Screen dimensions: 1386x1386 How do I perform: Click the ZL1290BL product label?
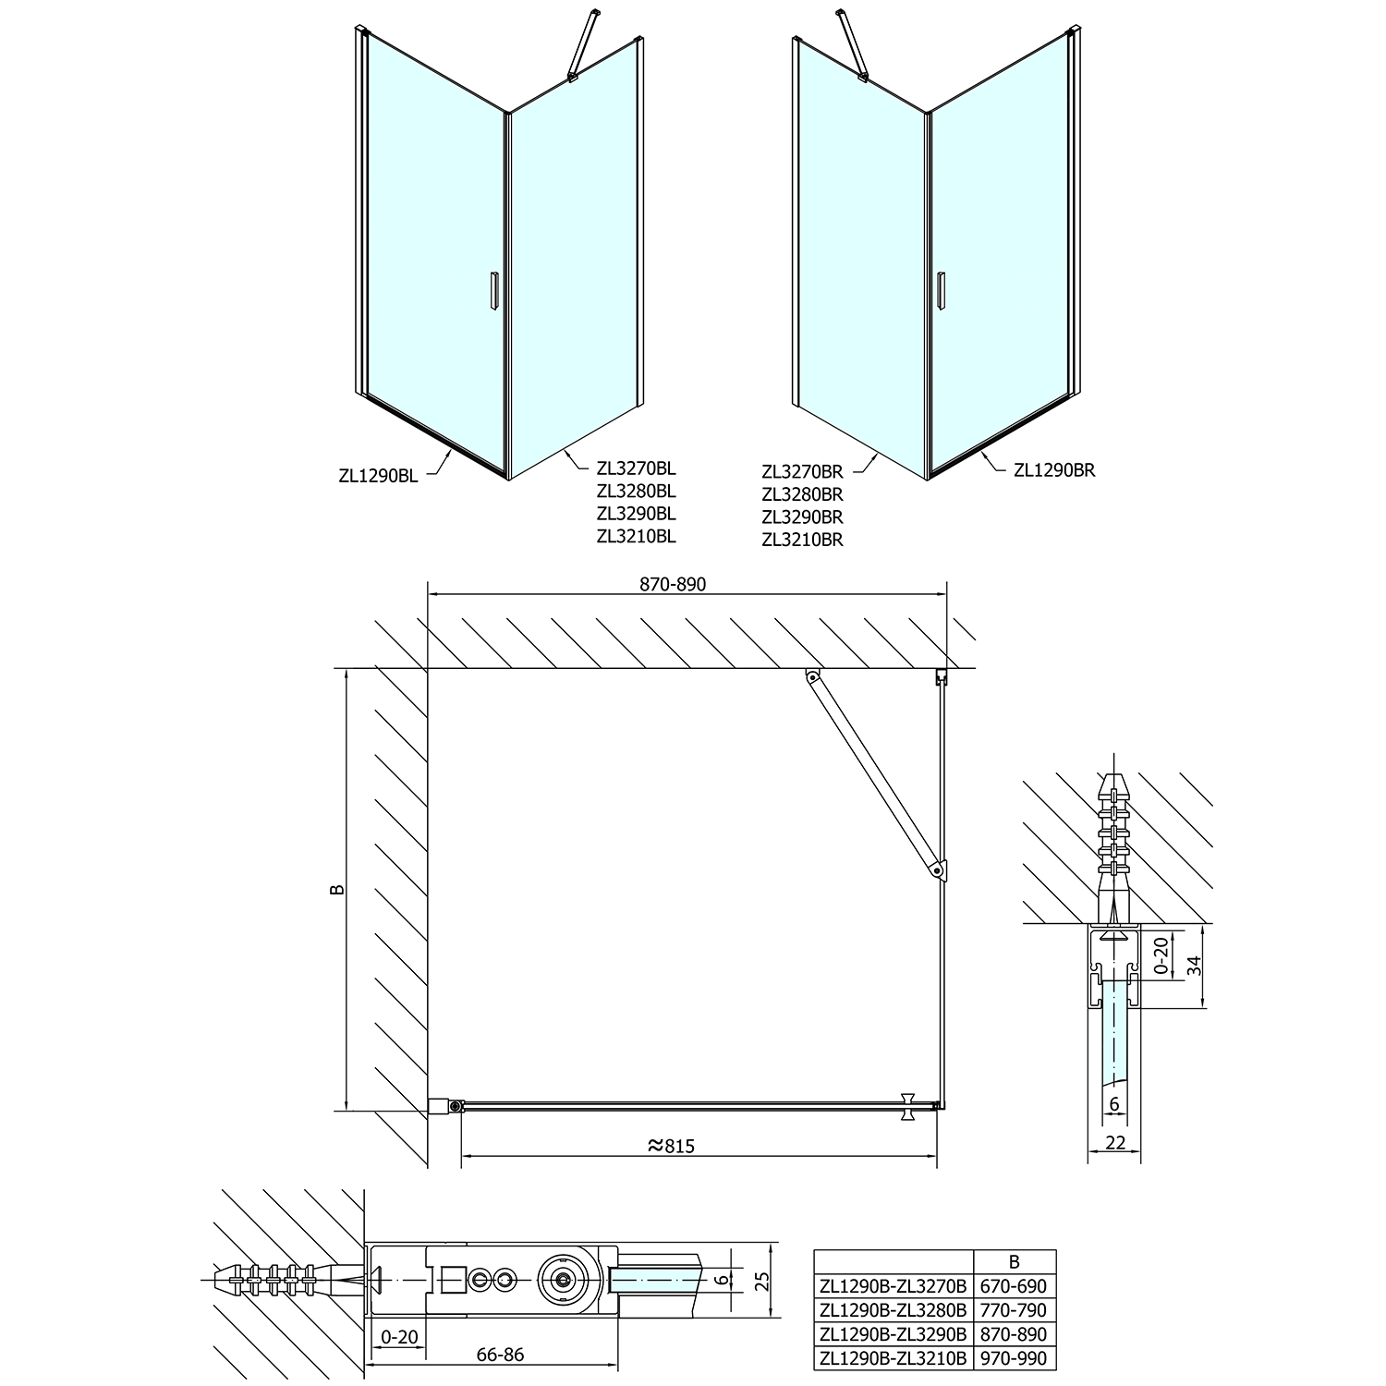(378, 477)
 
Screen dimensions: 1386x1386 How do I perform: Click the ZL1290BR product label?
(1054, 469)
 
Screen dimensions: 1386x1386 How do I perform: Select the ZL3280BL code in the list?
(637, 491)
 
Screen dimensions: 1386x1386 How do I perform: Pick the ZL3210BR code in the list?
(802, 540)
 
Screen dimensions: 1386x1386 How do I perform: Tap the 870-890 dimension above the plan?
(673, 585)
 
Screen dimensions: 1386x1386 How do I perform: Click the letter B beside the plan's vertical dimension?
(338, 889)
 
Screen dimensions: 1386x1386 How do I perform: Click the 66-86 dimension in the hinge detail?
(500, 1355)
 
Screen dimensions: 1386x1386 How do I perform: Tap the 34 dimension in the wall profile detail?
(1195, 966)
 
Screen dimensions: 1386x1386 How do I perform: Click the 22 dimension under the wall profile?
(1115, 1143)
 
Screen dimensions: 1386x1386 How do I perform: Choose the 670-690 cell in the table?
(1015, 1286)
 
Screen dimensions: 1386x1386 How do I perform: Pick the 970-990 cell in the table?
(1015, 1358)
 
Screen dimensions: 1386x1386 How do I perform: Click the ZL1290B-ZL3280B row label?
(893, 1310)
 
